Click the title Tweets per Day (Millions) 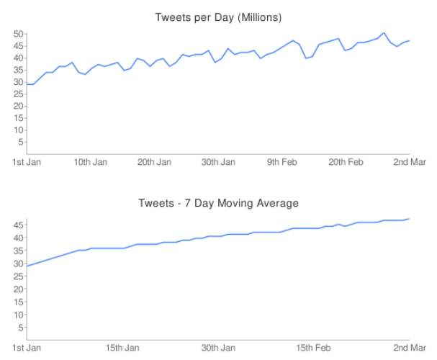tap(218, 17)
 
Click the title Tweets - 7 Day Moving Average tap(218, 203)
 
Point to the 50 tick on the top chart tap(19, 34)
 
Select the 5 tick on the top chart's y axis tap(22, 143)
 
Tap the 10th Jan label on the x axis tap(91, 162)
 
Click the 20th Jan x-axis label tap(154, 162)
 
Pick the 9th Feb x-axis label tap(282, 162)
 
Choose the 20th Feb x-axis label tap(346, 162)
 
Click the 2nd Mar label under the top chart tap(410, 162)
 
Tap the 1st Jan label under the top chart tap(27, 162)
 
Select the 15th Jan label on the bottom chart tap(122, 348)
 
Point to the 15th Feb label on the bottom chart tap(314, 348)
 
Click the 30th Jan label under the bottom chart tap(218, 348)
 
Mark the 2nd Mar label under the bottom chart tap(410, 348)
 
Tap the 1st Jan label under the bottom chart tap(27, 348)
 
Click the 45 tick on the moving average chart tap(19, 225)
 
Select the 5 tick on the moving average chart tap(22, 328)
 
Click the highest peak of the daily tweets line tap(384, 33)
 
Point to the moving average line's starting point tap(27, 266)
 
